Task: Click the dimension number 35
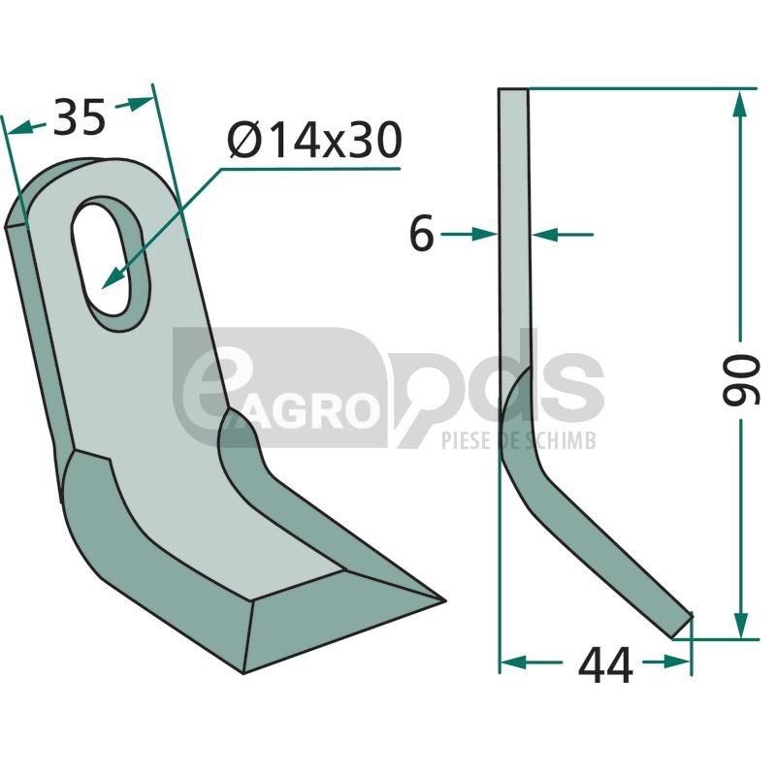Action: [80, 117]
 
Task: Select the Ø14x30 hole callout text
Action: [314, 141]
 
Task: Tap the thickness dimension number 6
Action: [422, 233]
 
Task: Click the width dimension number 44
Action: [605, 665]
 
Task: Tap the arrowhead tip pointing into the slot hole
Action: [102, 288]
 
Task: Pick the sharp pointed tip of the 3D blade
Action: [445, 601]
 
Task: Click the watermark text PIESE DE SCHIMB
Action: [518, 440]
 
